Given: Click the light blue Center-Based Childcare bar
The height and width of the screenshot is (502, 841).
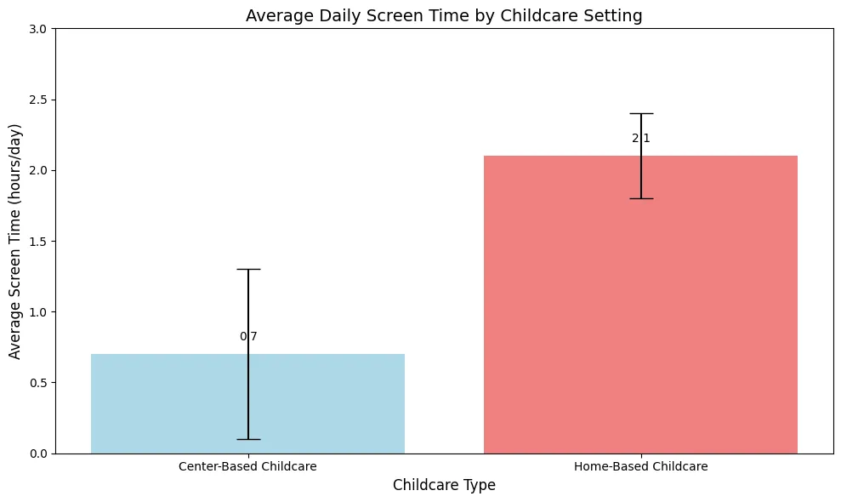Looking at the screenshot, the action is [x=247, y=404].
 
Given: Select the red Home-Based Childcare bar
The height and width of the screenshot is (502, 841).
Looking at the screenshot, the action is [x=640, y=305].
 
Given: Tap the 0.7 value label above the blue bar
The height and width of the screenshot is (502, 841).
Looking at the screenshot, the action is [x=248, y=337].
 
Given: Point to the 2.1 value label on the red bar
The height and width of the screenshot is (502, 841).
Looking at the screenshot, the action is [x=641, y=139].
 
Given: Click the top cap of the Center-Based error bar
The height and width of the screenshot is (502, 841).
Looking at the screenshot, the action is [x=248, y=270].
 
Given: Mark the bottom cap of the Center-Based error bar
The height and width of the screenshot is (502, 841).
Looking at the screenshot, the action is [x=248, y=439].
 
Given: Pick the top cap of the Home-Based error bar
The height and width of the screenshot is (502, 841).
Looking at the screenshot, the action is [x=641, y=114].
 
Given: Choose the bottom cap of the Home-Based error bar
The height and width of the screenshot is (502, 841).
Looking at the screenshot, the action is [x=641, y=198].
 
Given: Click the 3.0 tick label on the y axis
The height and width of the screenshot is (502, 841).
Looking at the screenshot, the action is [x=38, y=29].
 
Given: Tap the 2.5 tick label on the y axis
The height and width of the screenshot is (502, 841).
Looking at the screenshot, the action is [x=38, y=100].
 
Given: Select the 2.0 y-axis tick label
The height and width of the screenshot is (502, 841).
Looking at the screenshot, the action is [x=38, y=171].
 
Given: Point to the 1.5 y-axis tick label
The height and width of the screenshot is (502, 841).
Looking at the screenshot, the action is [x=38, y=242].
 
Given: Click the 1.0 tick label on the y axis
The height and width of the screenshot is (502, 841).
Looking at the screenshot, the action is [x=38, y=312].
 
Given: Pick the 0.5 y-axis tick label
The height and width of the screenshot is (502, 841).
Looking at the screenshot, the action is [x=38, y=383].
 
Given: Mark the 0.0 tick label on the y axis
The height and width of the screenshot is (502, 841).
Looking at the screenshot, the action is [x=38, y=454].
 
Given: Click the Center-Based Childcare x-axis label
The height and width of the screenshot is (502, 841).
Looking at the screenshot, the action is [x=247, y=466].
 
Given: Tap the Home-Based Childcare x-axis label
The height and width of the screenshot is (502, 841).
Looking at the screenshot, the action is [x=641, y=466].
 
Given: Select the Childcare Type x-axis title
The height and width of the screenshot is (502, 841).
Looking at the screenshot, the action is [x=444, y=485].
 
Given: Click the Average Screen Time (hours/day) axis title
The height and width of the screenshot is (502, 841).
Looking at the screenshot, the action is [x=14, y=242].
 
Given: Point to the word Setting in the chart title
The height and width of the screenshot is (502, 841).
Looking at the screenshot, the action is [x=616, y=16].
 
